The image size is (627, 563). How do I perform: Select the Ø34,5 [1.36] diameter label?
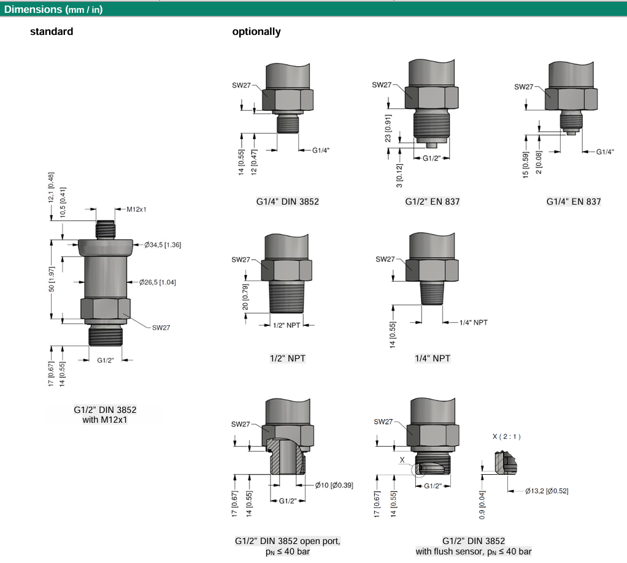coord(162,244)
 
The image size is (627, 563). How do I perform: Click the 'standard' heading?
coord(52,32)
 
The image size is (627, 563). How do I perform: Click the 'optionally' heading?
coord(256,32)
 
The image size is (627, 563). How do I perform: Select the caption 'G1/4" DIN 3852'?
coord(287,201)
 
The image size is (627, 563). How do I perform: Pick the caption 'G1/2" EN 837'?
coord(432,201)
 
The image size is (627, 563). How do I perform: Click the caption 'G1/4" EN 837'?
coord(574,201)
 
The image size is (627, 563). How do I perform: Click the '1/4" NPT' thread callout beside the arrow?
coord(473,322)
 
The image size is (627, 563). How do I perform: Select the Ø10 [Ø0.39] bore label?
coord(334,485)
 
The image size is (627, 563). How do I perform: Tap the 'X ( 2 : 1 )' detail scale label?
coord(506,437)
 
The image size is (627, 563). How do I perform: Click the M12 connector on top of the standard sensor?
coord(105,229)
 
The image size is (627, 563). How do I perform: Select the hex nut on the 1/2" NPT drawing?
coord(287,270)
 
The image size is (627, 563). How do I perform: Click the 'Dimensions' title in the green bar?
coord(32,9)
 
